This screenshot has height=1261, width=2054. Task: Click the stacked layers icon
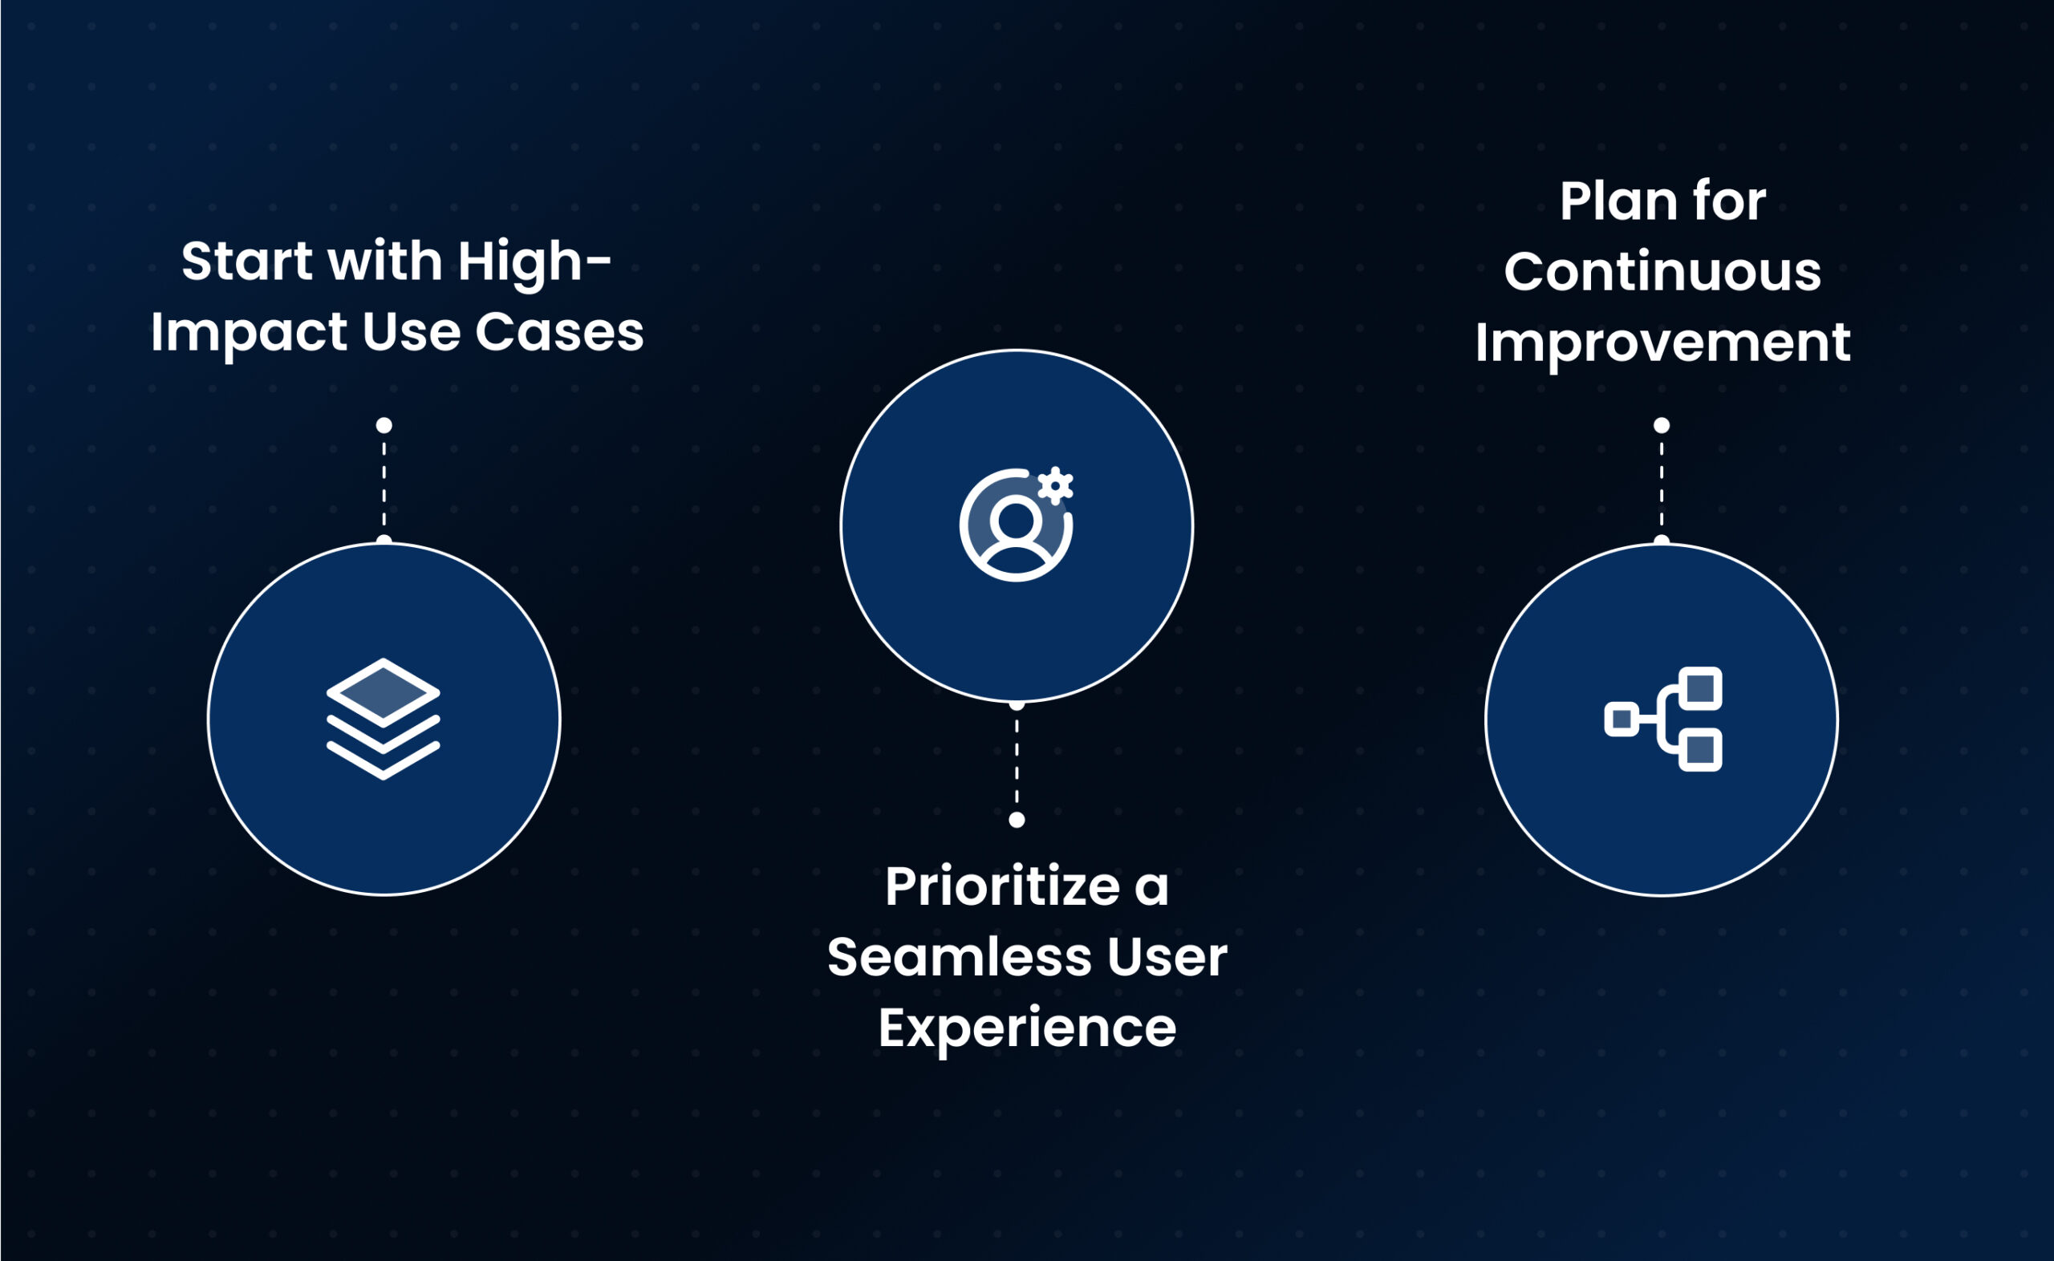[383, 718]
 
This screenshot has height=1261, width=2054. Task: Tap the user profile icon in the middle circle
[1016, 525]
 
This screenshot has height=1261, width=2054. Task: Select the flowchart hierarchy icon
[1664, 719]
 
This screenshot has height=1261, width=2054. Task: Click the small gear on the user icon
[1055, 485]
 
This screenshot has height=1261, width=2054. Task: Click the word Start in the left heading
[246, 261]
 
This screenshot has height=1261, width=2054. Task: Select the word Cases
[559, 332]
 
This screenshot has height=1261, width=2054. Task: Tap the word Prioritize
[1002, 886]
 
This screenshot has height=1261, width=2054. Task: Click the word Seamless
[959, 957]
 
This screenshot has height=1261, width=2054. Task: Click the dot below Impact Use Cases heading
[384, 425]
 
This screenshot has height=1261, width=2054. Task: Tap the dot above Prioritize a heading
[1017, 820]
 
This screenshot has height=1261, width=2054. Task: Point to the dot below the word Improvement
[1661, 425]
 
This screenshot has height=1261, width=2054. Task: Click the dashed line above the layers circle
[384, 484]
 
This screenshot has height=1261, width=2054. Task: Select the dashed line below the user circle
[1017, 761]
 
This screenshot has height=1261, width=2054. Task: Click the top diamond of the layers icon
[383, 691]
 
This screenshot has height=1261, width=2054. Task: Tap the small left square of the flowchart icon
[1622, 719]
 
